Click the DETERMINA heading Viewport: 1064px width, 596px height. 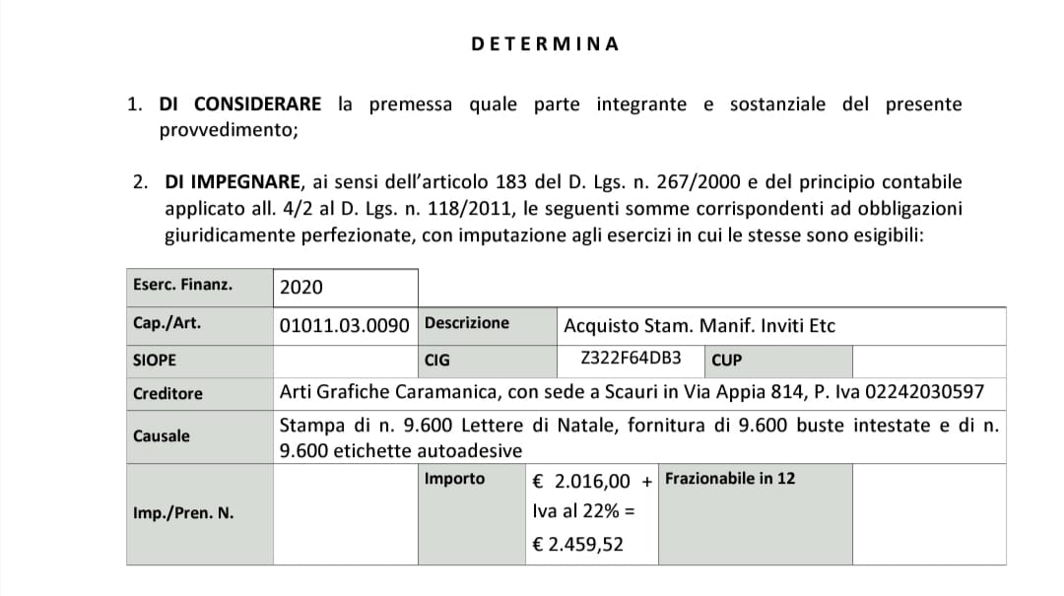[545, 44]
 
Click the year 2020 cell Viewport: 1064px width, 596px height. [301, 288]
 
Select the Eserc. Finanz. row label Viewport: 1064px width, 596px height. [182, 286]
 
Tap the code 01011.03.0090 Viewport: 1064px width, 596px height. [344, 325]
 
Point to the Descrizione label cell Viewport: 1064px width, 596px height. [467, 323]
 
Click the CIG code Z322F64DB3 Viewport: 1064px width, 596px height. [632, 359]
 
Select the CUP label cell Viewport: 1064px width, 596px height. [726, 360]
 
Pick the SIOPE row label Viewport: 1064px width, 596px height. [155, 360]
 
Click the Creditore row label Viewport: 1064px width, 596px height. [167, 393]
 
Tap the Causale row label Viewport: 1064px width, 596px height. [162, 435]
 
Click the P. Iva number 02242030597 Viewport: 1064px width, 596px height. [923, 392]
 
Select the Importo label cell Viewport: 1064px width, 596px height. [454, 479]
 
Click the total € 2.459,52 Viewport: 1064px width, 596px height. [577, 544]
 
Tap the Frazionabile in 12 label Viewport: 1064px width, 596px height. [730, 479]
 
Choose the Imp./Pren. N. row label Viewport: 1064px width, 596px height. [183, 513]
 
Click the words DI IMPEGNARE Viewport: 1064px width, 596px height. [232, 182]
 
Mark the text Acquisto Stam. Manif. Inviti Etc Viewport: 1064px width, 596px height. [699, 325]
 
